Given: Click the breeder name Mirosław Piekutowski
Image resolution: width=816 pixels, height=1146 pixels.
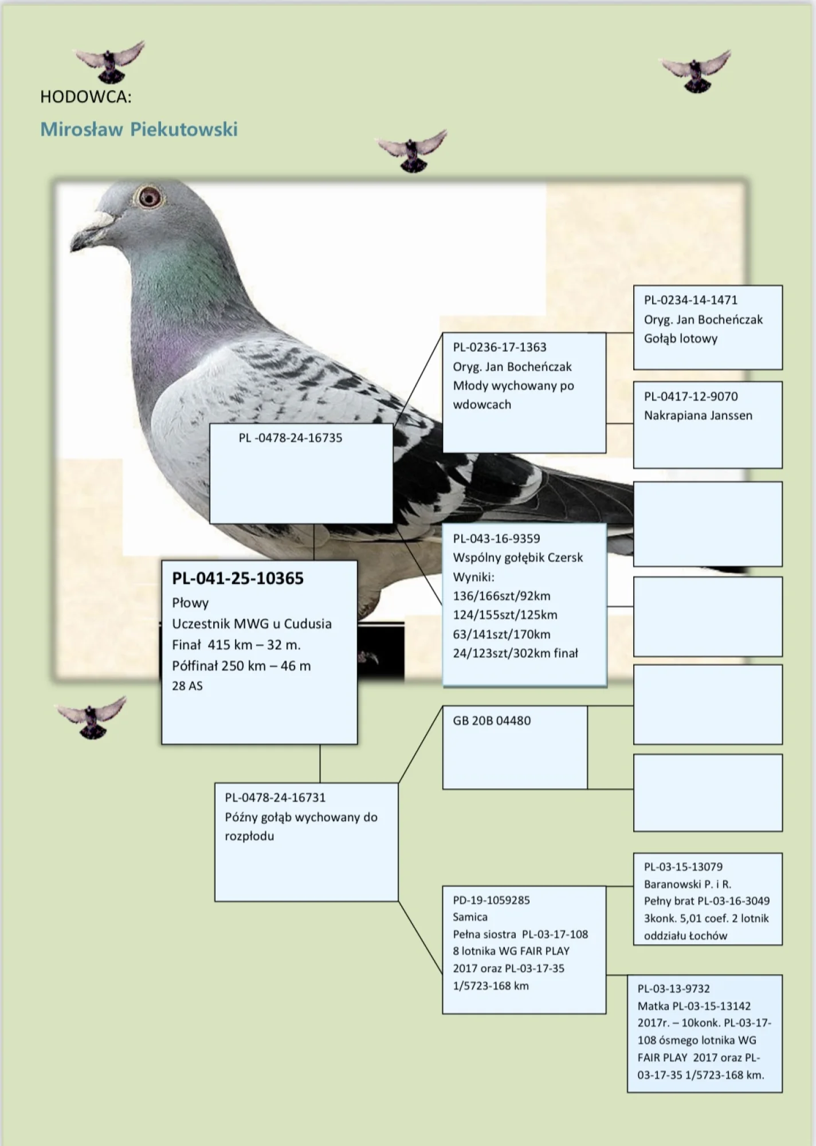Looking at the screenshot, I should (x=139, y=129).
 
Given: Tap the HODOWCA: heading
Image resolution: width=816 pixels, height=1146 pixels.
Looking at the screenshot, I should (x=85, y=97).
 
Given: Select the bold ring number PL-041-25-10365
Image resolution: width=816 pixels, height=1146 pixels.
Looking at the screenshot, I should (x=238, y=578).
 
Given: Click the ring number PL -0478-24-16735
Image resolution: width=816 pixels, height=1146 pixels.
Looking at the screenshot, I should (x=290, y=438).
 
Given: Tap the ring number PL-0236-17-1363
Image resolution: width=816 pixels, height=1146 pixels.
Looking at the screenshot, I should (x=500, y=347).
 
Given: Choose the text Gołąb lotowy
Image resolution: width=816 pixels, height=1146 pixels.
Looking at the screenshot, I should (x=680, y=339).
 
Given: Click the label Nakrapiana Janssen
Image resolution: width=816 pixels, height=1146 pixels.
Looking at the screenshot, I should (x=697, y=415).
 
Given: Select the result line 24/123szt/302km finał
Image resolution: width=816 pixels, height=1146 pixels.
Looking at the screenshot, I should (x=515, y=653).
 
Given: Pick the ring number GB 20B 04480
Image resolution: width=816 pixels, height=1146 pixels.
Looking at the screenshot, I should (x=492, y=721).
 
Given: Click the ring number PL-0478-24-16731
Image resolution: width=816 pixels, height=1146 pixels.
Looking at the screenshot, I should (x=275, y=798).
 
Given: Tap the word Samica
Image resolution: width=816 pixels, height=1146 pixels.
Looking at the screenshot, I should (x=470, y=917).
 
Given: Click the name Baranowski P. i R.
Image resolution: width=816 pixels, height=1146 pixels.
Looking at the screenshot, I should (x=687, y=884).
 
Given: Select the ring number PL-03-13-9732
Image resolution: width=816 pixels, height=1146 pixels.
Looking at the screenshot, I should (x=673, y=988).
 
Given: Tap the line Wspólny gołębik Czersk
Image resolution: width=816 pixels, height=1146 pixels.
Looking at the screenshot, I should (x=517, y=558).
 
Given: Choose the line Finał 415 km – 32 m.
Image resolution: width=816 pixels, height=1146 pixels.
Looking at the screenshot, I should (x=236, y=645).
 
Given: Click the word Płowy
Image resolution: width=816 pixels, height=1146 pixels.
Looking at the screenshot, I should (x=190, y=603).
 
